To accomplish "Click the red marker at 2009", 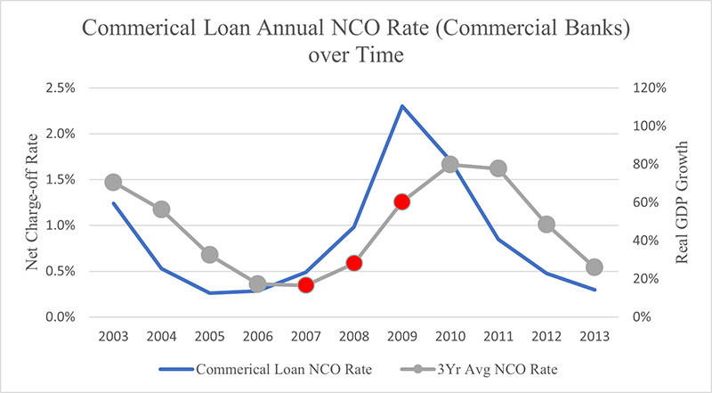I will click(x=401, y=201).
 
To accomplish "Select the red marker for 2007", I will click(x=305, y=285).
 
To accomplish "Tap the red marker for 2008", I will click(x=353, y=263).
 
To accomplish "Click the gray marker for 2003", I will click(x=113, y=182).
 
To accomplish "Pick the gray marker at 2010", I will click(x=450, y=164).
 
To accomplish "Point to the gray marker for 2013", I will click(x=595, y=266).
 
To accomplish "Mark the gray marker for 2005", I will click(x=209, y=254).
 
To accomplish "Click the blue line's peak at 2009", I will click(x=402, y=106).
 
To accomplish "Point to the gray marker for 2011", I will click(x=498, y=168).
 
